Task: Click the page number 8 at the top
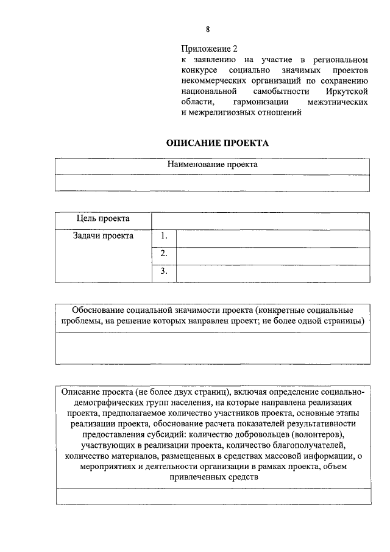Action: [x=208, y=29]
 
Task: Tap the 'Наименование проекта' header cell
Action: [x=213, y=165]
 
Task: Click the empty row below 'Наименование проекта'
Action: [x=213, y=183]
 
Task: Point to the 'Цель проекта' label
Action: [x=102, y=218]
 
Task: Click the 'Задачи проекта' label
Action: [x=102, y=236]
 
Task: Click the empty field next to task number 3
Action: [x=272, y=273]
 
